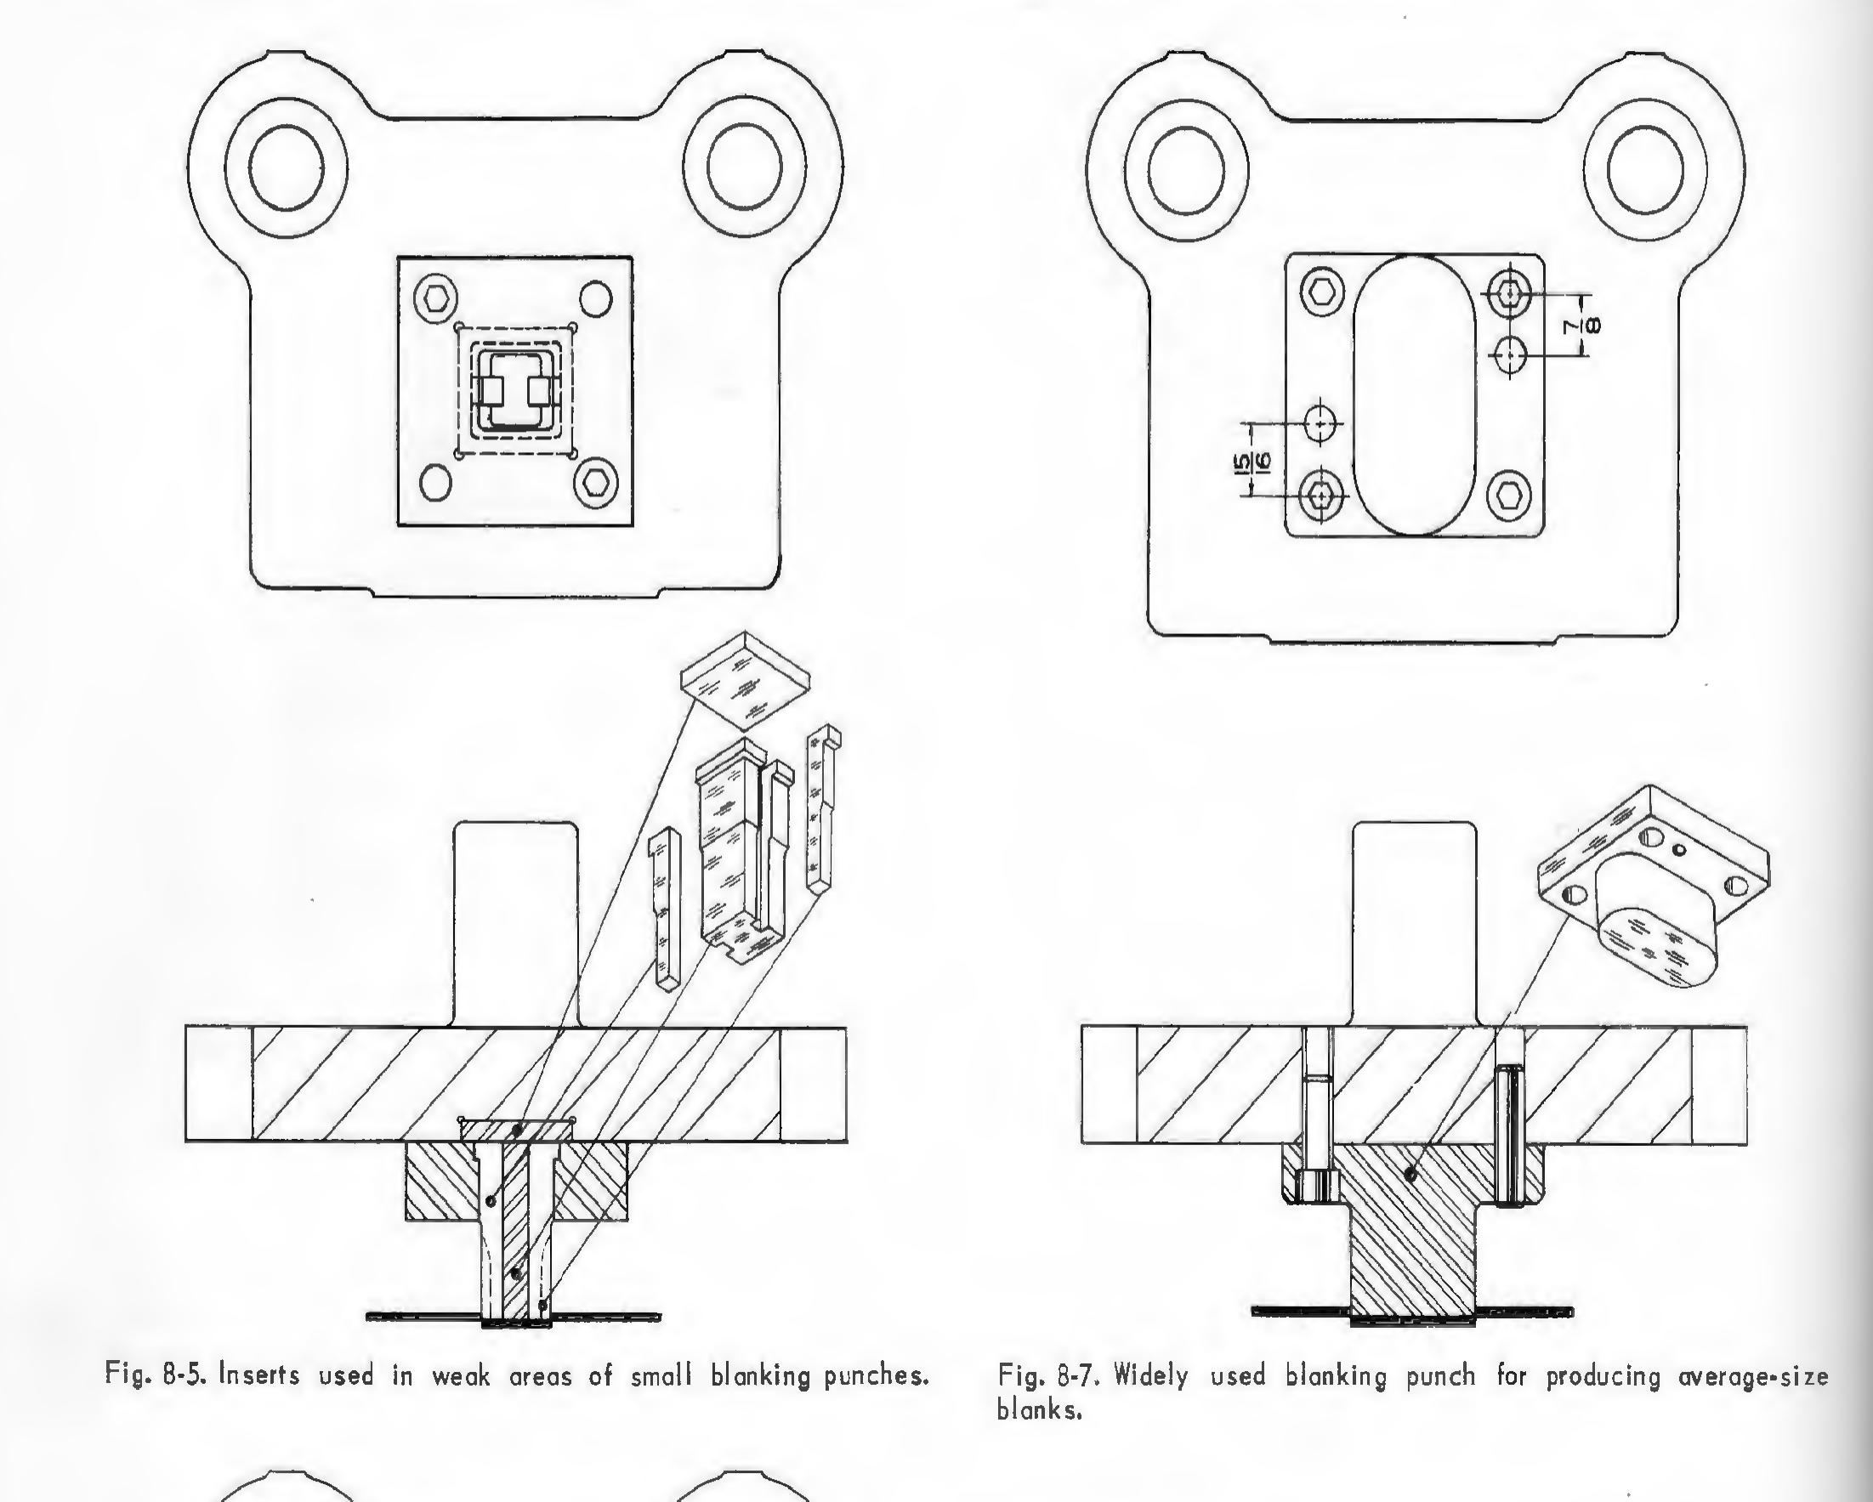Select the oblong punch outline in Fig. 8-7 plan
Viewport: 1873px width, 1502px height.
(x=1414, y=395)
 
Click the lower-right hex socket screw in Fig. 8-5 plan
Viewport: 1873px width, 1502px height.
(x=596, y=481)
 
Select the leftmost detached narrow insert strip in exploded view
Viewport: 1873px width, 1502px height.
(x=666, y=908)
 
